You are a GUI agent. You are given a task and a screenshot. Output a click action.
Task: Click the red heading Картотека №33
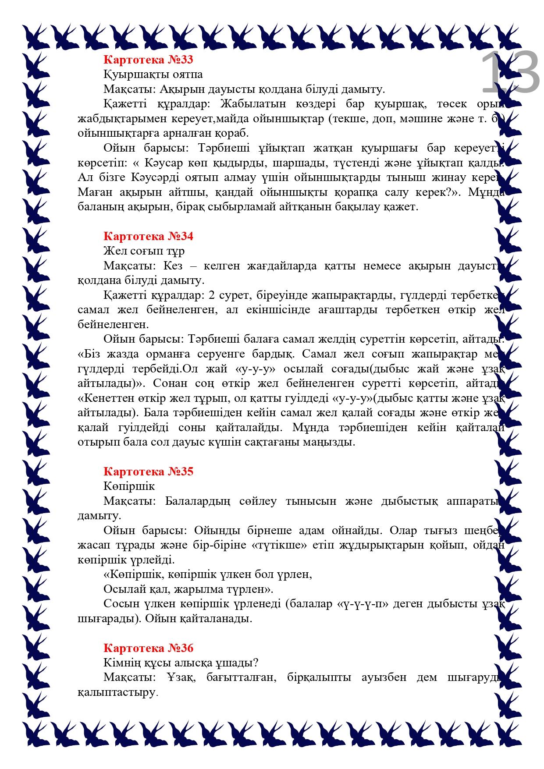point(148,60)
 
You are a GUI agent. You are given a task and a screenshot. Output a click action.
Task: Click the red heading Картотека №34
point(148,236)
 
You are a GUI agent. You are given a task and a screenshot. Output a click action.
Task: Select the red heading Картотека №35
point(148,471)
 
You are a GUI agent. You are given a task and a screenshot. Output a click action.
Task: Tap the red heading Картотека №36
point(148,648)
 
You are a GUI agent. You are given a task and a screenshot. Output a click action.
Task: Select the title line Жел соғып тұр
point(144,251)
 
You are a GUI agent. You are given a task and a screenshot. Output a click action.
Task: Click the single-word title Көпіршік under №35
point(129,486)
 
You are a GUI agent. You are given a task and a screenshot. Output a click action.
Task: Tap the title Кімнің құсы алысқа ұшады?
point(181,663)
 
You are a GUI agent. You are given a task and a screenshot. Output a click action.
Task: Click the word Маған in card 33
point(92,192)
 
